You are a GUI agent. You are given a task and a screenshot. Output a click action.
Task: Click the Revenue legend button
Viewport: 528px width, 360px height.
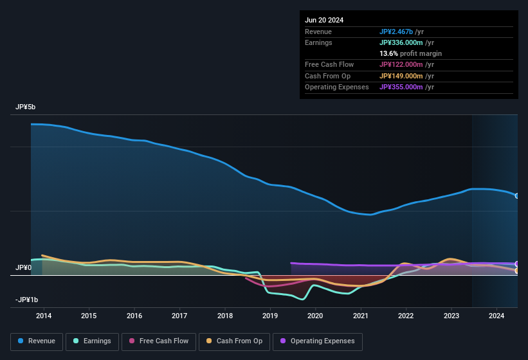(37, 341)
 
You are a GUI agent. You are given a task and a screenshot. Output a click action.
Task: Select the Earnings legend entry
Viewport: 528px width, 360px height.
(92, 341)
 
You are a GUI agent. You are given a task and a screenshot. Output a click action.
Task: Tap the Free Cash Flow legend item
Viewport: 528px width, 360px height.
(159, 341)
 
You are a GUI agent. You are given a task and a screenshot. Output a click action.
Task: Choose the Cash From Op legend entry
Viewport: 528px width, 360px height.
(233, 341)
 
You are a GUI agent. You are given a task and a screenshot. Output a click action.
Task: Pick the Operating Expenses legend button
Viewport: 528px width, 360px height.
(317, 341)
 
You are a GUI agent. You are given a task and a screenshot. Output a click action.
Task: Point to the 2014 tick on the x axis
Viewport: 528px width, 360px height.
(44, 316)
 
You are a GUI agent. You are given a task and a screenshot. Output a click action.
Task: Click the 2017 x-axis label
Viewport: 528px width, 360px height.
(179, 316)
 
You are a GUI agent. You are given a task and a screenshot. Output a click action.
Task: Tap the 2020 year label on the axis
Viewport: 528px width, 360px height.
(315, 316)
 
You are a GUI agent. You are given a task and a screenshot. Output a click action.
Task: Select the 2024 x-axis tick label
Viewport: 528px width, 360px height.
(496, 316)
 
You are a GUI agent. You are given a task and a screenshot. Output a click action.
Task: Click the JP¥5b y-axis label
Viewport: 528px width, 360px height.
(26, 107)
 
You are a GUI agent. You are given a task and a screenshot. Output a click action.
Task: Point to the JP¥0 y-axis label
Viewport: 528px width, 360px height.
(24, 267)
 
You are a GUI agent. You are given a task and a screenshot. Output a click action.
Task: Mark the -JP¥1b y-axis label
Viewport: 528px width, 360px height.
(26, 300)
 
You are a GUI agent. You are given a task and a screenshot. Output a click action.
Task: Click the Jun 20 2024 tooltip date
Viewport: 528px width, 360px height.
(324, 20)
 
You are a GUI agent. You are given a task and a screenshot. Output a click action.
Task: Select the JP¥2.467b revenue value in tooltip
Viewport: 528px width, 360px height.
(401, 32)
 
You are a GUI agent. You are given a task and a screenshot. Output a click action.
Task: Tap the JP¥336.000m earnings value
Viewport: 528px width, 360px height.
(406, 42)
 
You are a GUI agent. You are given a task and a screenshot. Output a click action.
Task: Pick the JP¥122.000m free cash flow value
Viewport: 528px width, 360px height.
(406, 64)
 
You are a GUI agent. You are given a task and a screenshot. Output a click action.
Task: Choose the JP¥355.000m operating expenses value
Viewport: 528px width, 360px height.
(406, 87)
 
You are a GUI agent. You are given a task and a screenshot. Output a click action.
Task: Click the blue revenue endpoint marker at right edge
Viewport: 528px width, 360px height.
(517, 195)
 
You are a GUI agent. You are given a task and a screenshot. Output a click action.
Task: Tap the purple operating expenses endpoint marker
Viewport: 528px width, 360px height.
(517, 264)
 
